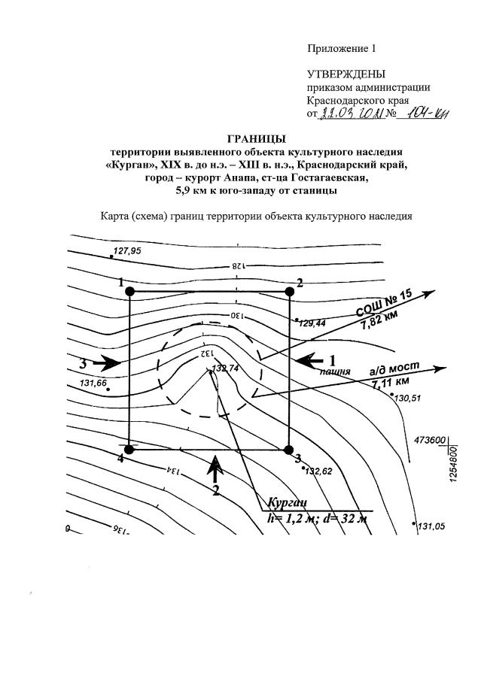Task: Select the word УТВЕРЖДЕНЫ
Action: pos(346,74)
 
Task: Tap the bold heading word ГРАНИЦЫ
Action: pos(256,138)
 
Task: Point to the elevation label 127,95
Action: pos(126,251)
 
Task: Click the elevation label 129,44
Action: pos(312,323)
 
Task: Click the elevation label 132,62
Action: pos(318,471)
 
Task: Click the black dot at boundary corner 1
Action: pos(130,291)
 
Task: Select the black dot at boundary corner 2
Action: pos(289,291)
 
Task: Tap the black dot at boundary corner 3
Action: pos(288,450)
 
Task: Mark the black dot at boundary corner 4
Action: pos(129,449)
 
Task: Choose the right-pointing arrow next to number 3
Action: pos(106,363)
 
